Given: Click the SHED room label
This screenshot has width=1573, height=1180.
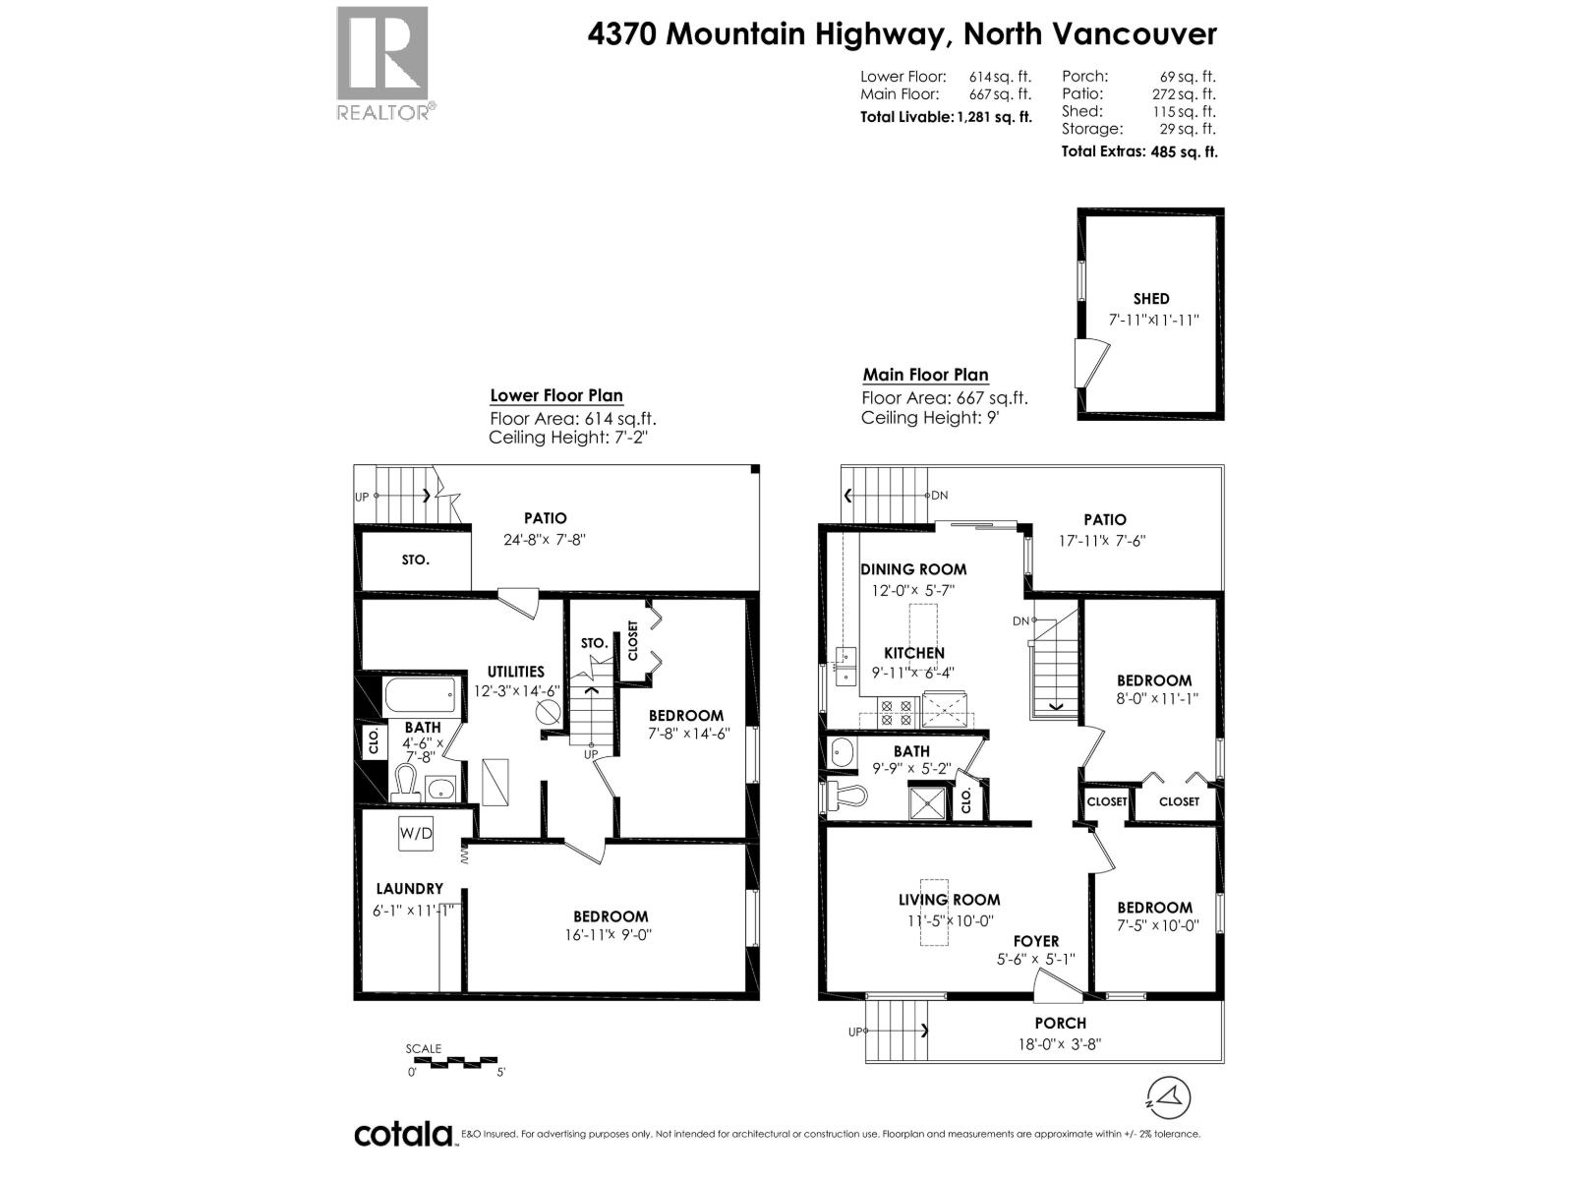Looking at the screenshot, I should (1150, 298).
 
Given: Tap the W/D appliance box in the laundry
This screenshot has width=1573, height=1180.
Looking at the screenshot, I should (416, 834).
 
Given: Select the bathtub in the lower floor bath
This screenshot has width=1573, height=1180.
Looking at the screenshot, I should (420, 697).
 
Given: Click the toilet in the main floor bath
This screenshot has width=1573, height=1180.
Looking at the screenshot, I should (842, 795).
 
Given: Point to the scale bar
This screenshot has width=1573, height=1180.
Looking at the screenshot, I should (454, 1062).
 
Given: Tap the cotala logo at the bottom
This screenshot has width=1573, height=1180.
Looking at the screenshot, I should (403, 1134).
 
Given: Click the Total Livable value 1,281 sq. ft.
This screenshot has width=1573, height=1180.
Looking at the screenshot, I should (994, 116).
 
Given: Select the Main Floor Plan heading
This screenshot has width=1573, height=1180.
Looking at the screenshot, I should (925, 375).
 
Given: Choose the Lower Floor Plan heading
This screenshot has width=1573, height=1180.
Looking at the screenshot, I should (556, 395).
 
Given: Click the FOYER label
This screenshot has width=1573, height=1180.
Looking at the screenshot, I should (1036, 941).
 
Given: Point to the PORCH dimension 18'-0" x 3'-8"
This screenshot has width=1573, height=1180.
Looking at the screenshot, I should (1060, 1043).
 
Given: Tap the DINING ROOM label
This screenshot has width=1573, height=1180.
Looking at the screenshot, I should (913, 568).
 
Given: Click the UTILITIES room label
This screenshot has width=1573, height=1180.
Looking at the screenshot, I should (515, 672).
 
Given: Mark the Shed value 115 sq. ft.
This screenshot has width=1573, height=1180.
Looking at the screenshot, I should (1188, 111).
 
